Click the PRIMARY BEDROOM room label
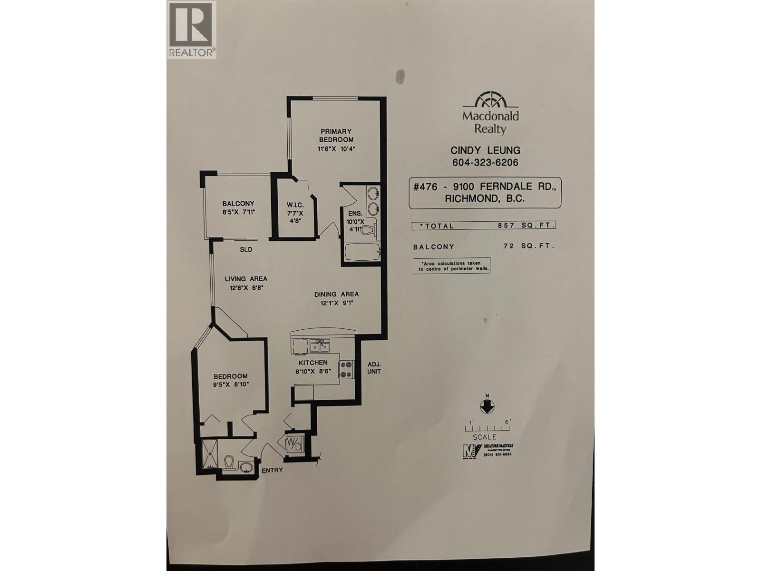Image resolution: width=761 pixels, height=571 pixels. tap(336, 135)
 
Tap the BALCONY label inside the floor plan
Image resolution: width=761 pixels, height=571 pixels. tap(238, 203)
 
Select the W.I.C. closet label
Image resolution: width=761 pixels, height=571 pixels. tap(295, 205)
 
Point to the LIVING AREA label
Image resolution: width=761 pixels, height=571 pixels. tap(246, 279)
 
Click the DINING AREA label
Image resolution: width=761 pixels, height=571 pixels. tap(336, 294)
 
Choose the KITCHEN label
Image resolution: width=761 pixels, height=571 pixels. tap(313, 363)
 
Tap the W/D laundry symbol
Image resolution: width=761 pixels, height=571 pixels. tap(293, 444)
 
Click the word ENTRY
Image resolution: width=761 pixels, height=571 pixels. tap(272, 470)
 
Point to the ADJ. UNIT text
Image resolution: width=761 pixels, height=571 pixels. tap(374, 367)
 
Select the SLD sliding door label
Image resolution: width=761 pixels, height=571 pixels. tap(245, 249)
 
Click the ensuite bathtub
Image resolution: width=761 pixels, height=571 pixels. tap(362, 252)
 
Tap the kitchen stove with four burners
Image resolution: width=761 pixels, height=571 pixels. tap(346, 369)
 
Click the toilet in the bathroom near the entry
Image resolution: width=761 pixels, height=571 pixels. tap(229, 462)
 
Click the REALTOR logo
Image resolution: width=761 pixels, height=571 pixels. tap(192, 30)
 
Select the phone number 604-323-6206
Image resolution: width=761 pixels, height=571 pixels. tap(485, 163)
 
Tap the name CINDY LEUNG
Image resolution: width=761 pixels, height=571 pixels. tap(485, 150)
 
